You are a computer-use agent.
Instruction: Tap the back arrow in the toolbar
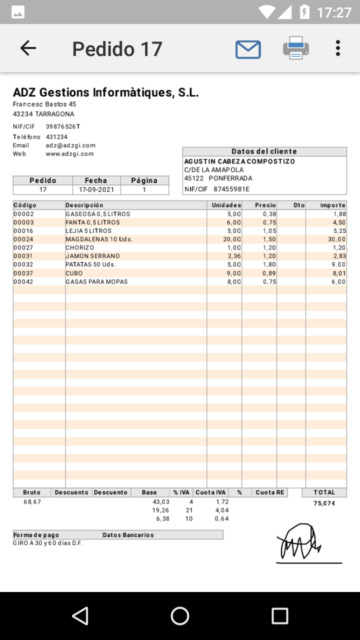point(28,48)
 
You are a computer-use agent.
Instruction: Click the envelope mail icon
point(248,49)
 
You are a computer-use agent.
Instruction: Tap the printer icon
point(296,48)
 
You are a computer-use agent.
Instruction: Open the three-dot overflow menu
point(338,48)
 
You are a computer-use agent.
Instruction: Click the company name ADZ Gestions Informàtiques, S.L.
point(105,92)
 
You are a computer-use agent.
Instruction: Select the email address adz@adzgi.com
point(70,145)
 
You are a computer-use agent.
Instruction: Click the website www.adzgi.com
point(69,154)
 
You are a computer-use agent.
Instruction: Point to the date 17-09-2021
point(96,190)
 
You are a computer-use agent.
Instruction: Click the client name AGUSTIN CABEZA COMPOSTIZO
point(239,161)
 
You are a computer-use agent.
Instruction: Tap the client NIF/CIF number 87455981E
point(231,189)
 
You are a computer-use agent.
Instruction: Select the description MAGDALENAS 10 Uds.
point(99,239)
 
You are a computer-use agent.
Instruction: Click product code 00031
point(23,256)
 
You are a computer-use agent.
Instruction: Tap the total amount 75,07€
point(324,503)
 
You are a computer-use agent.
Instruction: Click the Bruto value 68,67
point(32,501)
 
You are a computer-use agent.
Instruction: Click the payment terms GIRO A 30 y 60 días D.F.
point(47,543)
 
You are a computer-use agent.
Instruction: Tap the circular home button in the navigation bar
point(180,616)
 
